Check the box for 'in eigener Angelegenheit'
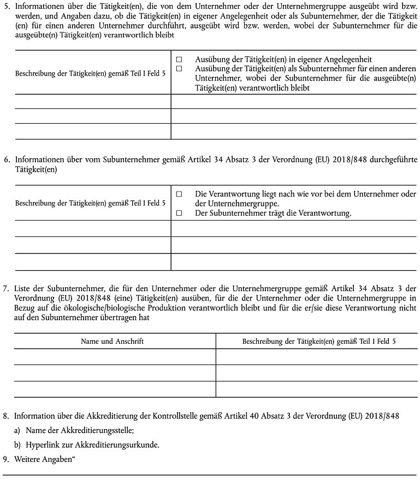click(x=179, y=59)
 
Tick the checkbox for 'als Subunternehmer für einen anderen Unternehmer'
click(x=179, y=68)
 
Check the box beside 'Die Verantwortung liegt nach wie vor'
click(x=179, y=194)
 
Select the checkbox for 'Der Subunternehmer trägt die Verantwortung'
click(x=179, y=213)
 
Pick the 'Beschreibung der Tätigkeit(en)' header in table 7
click(x=319, y=341)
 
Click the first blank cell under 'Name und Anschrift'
click(x=115, y=356)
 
